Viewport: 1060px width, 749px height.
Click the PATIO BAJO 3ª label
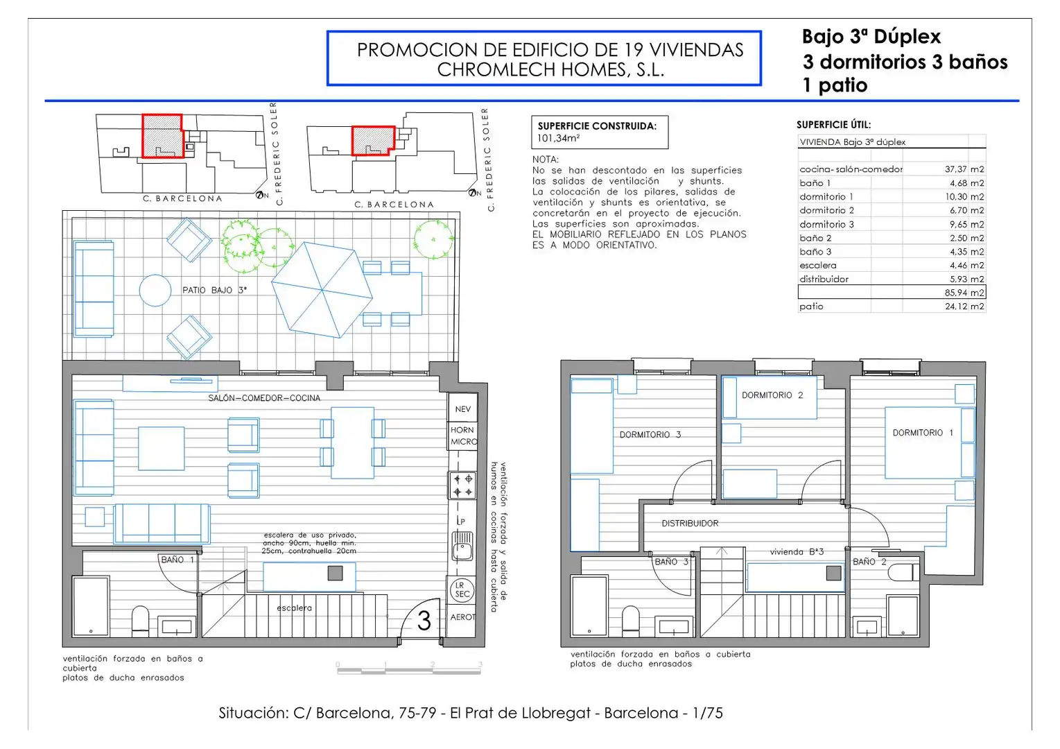point(214,290)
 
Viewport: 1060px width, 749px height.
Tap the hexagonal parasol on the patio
point(322,290)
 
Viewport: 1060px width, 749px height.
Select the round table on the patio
point(155,290)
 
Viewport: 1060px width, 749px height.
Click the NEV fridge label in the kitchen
point(463,409)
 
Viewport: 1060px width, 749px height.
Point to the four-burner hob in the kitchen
point(462,485)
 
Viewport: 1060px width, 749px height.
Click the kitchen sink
point(462,546)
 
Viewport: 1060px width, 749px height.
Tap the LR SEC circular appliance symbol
point(462,589)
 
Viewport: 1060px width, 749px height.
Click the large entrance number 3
point(424,621)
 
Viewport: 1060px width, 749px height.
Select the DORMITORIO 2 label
point(772,395)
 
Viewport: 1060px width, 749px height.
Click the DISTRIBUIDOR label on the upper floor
point(690,523)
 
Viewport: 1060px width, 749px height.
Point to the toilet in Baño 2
point(903,572)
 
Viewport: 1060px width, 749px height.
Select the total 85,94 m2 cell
point(964,293)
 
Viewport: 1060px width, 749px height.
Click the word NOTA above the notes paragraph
point(546,160)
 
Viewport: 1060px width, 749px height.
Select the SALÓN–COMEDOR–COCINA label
point(264,398)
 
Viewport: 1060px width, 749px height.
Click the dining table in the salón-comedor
point(353,442)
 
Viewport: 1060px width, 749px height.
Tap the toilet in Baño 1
point(140,619)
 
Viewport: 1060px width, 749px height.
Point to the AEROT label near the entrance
point(463,617)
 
